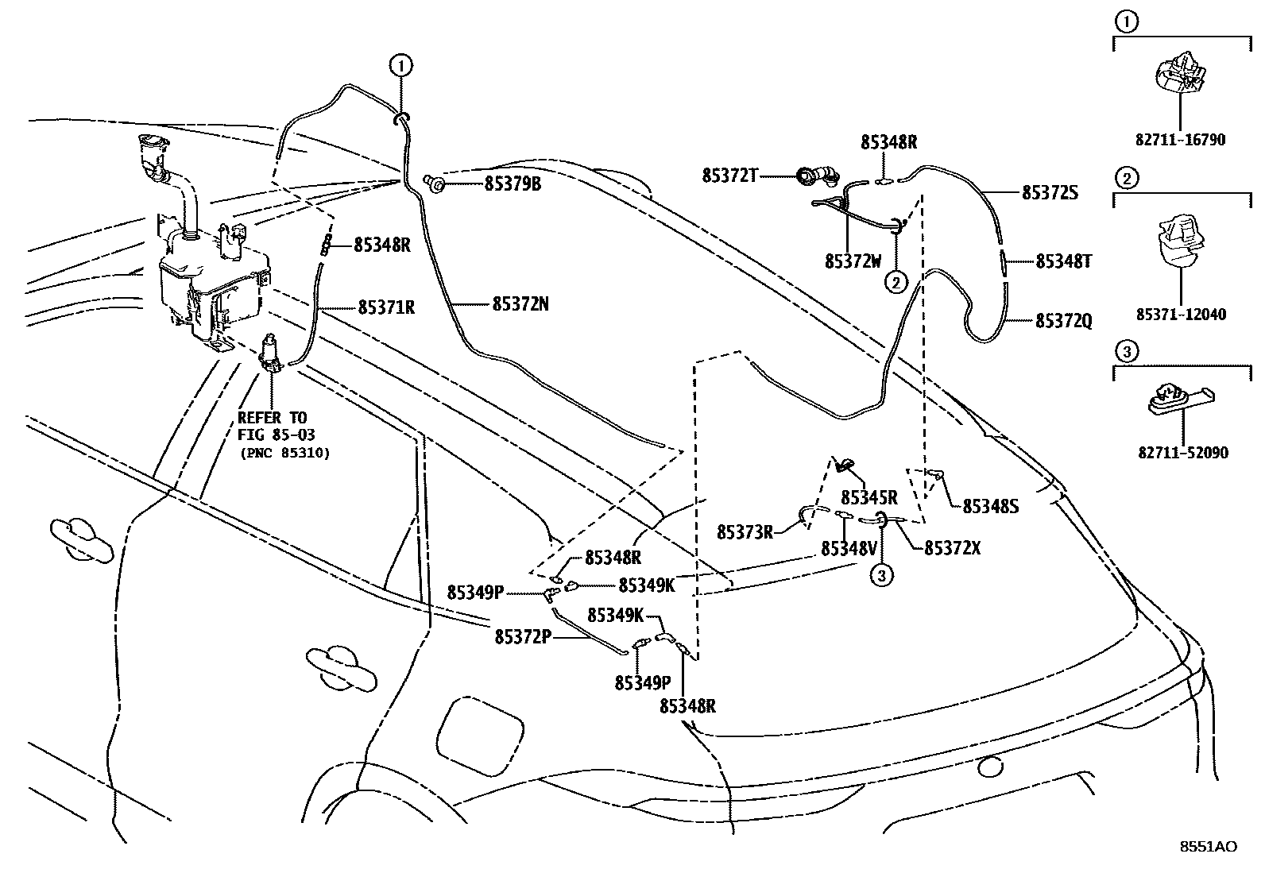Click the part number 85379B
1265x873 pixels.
(513, 184)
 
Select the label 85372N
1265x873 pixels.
(520, 304)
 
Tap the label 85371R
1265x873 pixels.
(386, 307)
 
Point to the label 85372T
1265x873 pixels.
(729, 176)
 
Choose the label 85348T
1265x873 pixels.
(1064, 261)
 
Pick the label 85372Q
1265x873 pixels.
(1064, 321)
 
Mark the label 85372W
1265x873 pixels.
(853, 261)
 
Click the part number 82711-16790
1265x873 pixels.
(1180, 141)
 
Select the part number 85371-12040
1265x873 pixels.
(1180, 315)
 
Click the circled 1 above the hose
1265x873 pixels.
(401, 64)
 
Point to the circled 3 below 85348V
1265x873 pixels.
(881, 576)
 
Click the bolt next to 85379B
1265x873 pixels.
(435, 183)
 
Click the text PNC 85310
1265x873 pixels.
(284, 453)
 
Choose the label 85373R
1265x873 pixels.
(745, 532)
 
